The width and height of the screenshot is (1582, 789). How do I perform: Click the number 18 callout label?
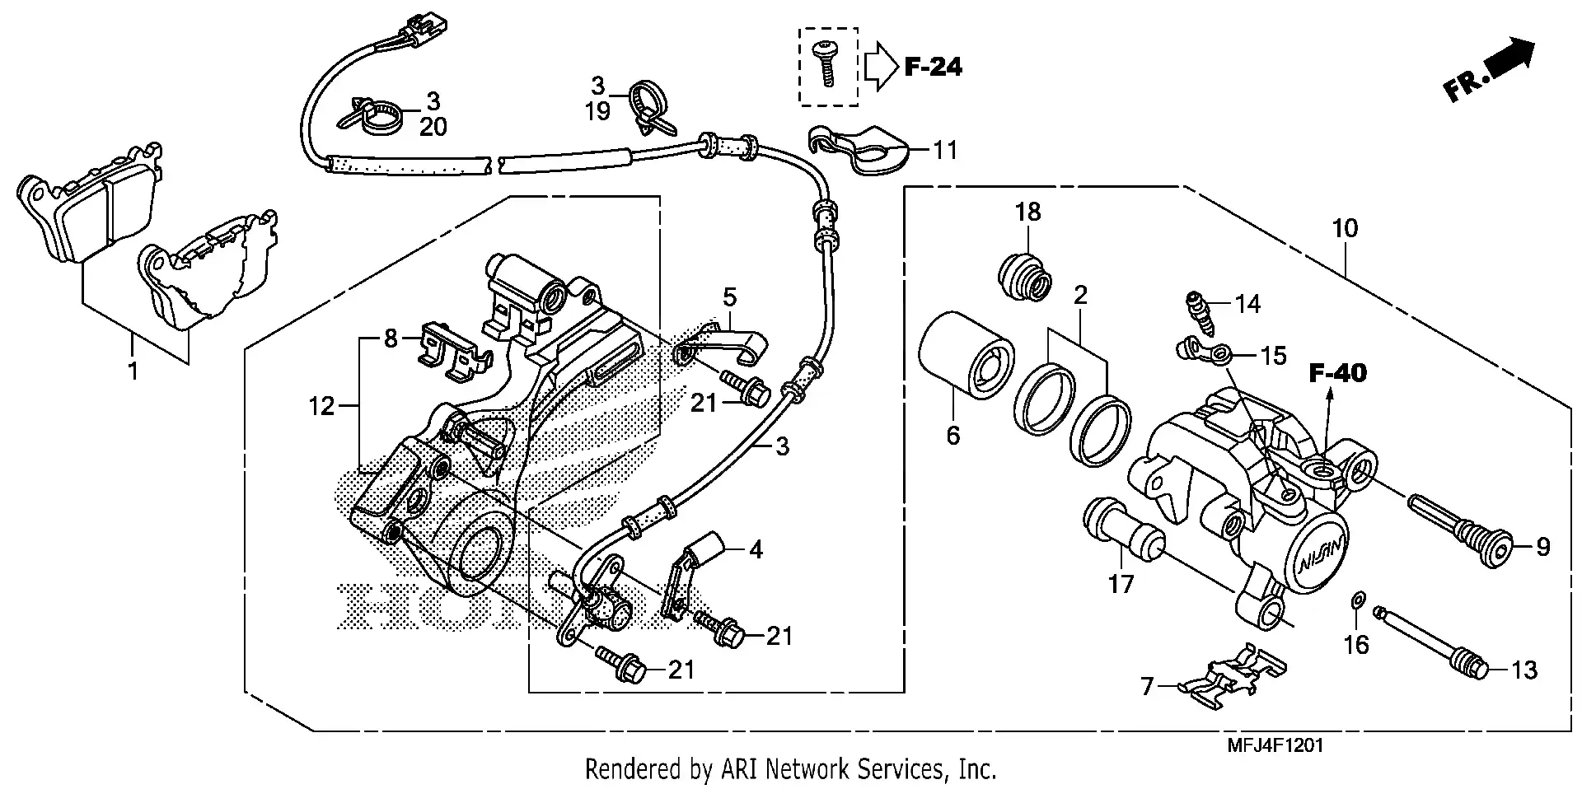point(1027,212)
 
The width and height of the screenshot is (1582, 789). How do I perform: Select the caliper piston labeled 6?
point(964,354)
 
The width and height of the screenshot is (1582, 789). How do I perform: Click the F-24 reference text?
point(933,67)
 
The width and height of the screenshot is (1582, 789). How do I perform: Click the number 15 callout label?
point(1273,356)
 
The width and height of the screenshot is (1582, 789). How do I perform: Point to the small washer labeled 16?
point(1357,600)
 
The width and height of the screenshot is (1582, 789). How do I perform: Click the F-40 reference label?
point(1338,373)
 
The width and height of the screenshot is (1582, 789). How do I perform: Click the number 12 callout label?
point(321,405)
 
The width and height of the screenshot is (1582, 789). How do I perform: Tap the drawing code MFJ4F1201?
point(1275,746)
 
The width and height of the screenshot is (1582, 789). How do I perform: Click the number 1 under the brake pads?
point(133,371)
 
